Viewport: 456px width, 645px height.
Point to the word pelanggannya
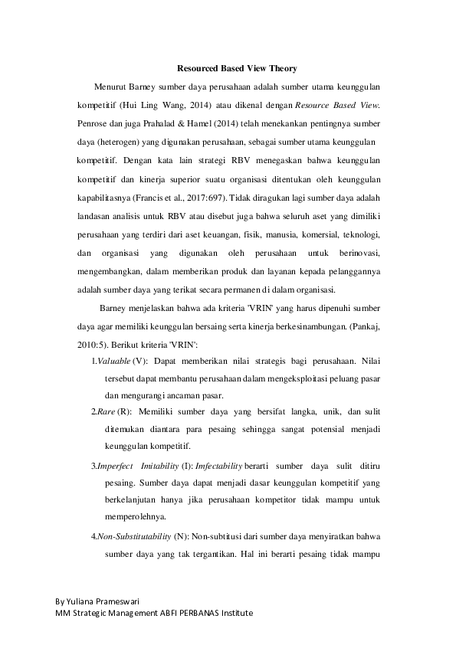[355, 271]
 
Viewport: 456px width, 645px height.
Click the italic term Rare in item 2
[105, 411]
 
